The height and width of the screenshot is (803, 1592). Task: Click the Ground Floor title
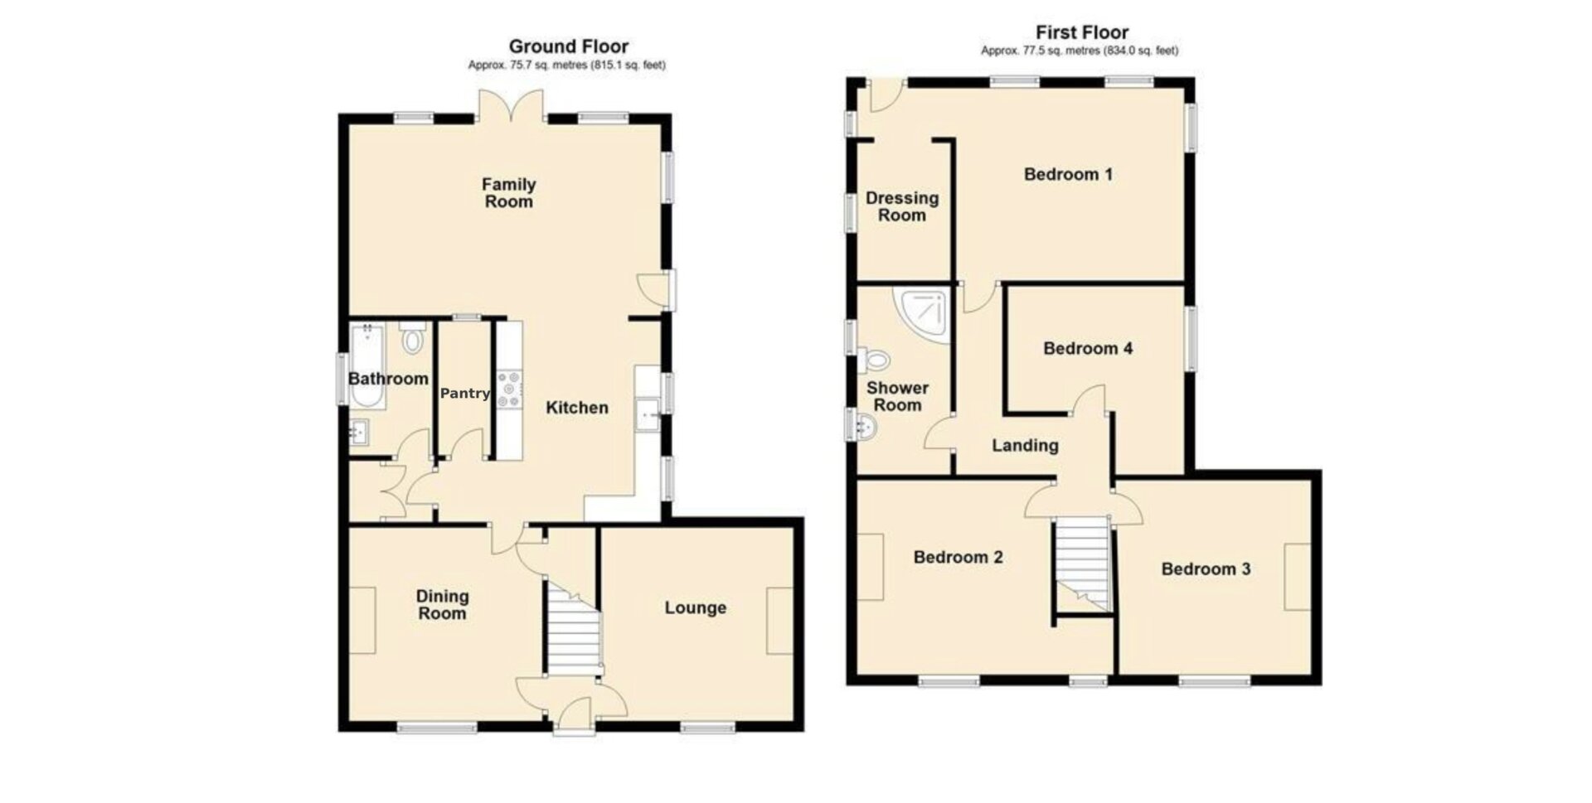click(x=568, y=46)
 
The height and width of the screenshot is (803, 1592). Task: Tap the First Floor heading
click(x=1081, y=32)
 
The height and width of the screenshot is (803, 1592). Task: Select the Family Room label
click(x=509, y=192)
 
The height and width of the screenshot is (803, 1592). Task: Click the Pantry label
click(x=465, y=394)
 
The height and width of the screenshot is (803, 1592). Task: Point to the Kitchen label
click(x=577, y=407)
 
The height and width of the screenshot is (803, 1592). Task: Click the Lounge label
click(x=695, y=608)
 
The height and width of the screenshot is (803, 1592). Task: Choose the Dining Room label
click(x=442, y=605)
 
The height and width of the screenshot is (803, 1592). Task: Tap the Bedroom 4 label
click(x=1088, y=348)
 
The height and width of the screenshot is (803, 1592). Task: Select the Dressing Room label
click(x=902, y=206)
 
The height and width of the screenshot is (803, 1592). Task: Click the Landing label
click(x=1025, y=446)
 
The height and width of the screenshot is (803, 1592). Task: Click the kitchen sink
click(x=647, y=414)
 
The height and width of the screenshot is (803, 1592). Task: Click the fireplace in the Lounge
click(x=779, y=621)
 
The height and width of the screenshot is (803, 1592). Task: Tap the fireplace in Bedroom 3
click(x=1298, y=577)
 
